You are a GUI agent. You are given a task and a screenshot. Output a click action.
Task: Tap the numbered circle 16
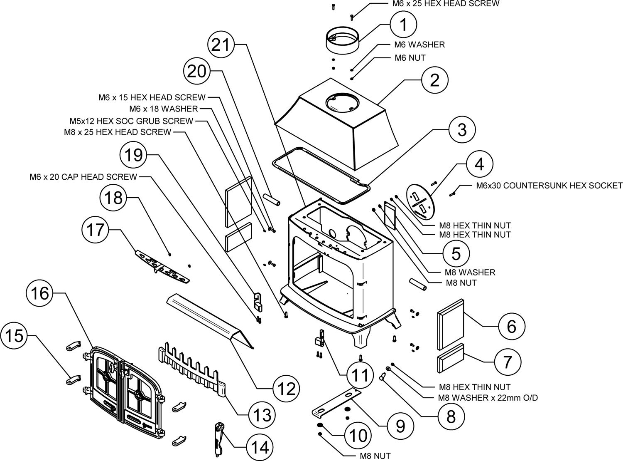[39, 294]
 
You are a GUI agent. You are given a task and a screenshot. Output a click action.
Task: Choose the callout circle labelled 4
[479, 165]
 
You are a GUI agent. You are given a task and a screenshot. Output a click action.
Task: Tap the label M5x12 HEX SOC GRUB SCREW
[131, 121]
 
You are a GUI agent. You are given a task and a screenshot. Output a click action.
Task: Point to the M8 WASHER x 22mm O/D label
[488, 398]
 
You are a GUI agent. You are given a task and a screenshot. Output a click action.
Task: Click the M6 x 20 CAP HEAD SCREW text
[83, 177]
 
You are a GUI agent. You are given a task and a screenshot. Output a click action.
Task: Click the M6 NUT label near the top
[410, 58]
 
